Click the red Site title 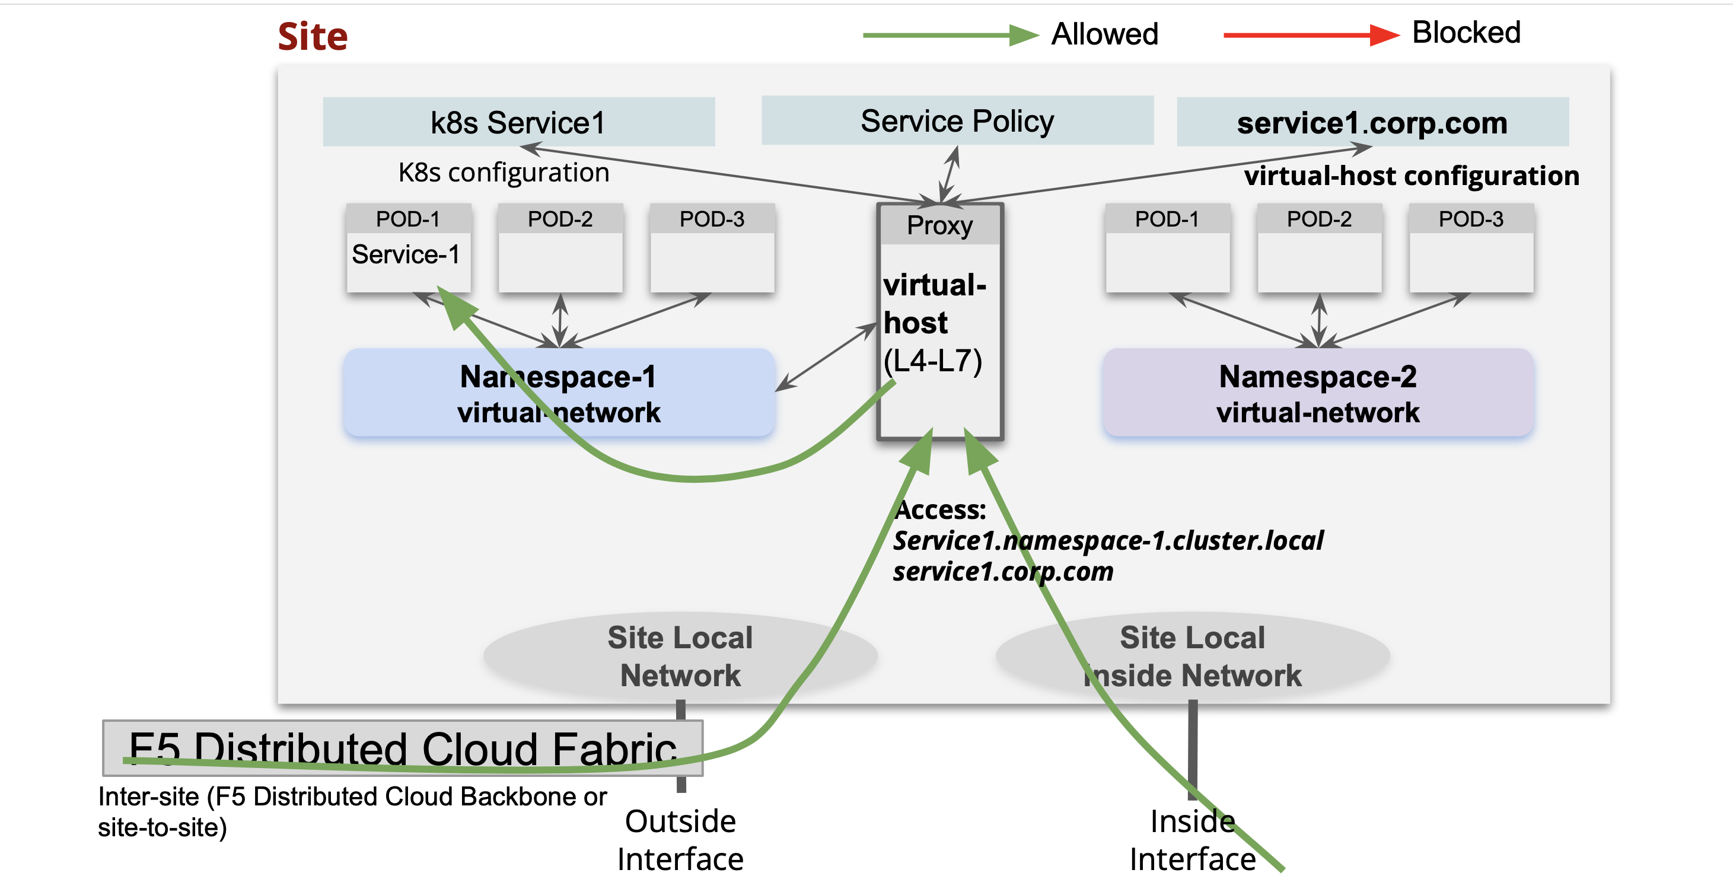pos(312,36)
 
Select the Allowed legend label pos(1104,34)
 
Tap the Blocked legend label pos(1466,32)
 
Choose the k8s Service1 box pos(518,122)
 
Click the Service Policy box pos(957,120)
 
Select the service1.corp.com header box pos(1372,122)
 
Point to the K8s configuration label pos(503,172)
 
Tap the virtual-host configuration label pos(1411,176)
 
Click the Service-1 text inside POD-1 pos(406,254)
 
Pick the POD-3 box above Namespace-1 pos(712,247)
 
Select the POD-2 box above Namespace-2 pos(1318,247)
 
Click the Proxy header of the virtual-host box pos(939,225)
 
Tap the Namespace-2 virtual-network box pos(1317,394)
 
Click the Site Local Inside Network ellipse pos(1192,656)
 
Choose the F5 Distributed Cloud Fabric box pos(402,747)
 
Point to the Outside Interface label pos(680,840)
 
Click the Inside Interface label pos(1192,840)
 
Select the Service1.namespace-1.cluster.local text pos(1107,540)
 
